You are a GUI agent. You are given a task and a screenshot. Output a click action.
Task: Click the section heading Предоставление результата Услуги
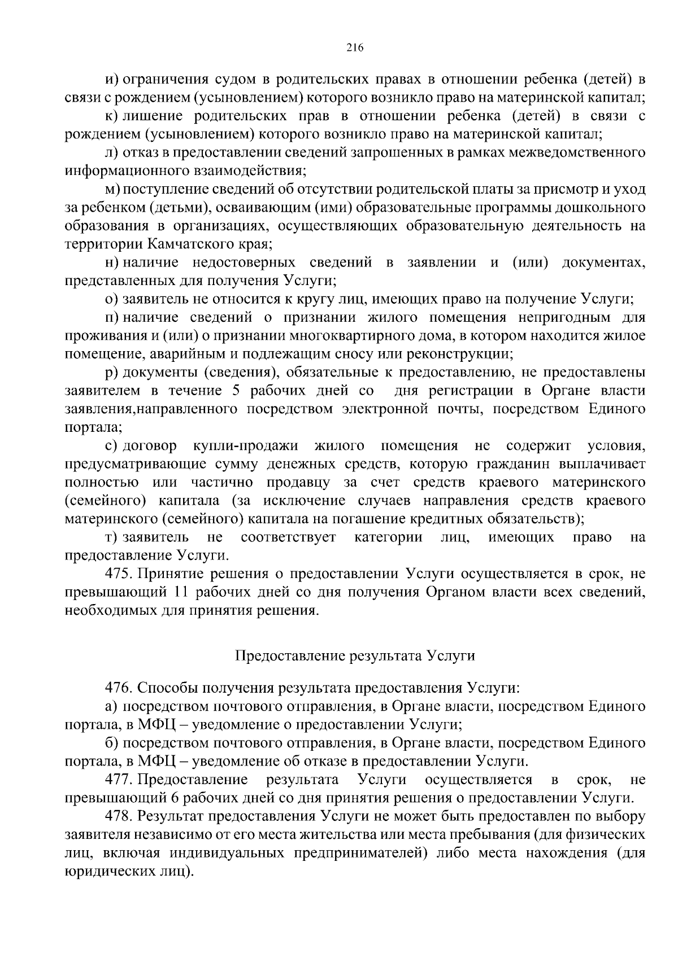354,656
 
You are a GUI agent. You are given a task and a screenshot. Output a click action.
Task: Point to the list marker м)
112,190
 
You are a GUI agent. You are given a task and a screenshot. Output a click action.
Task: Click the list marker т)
111,537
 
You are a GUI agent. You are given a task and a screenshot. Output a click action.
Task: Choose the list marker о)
111,299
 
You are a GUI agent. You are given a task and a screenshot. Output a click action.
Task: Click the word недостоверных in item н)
245,263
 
